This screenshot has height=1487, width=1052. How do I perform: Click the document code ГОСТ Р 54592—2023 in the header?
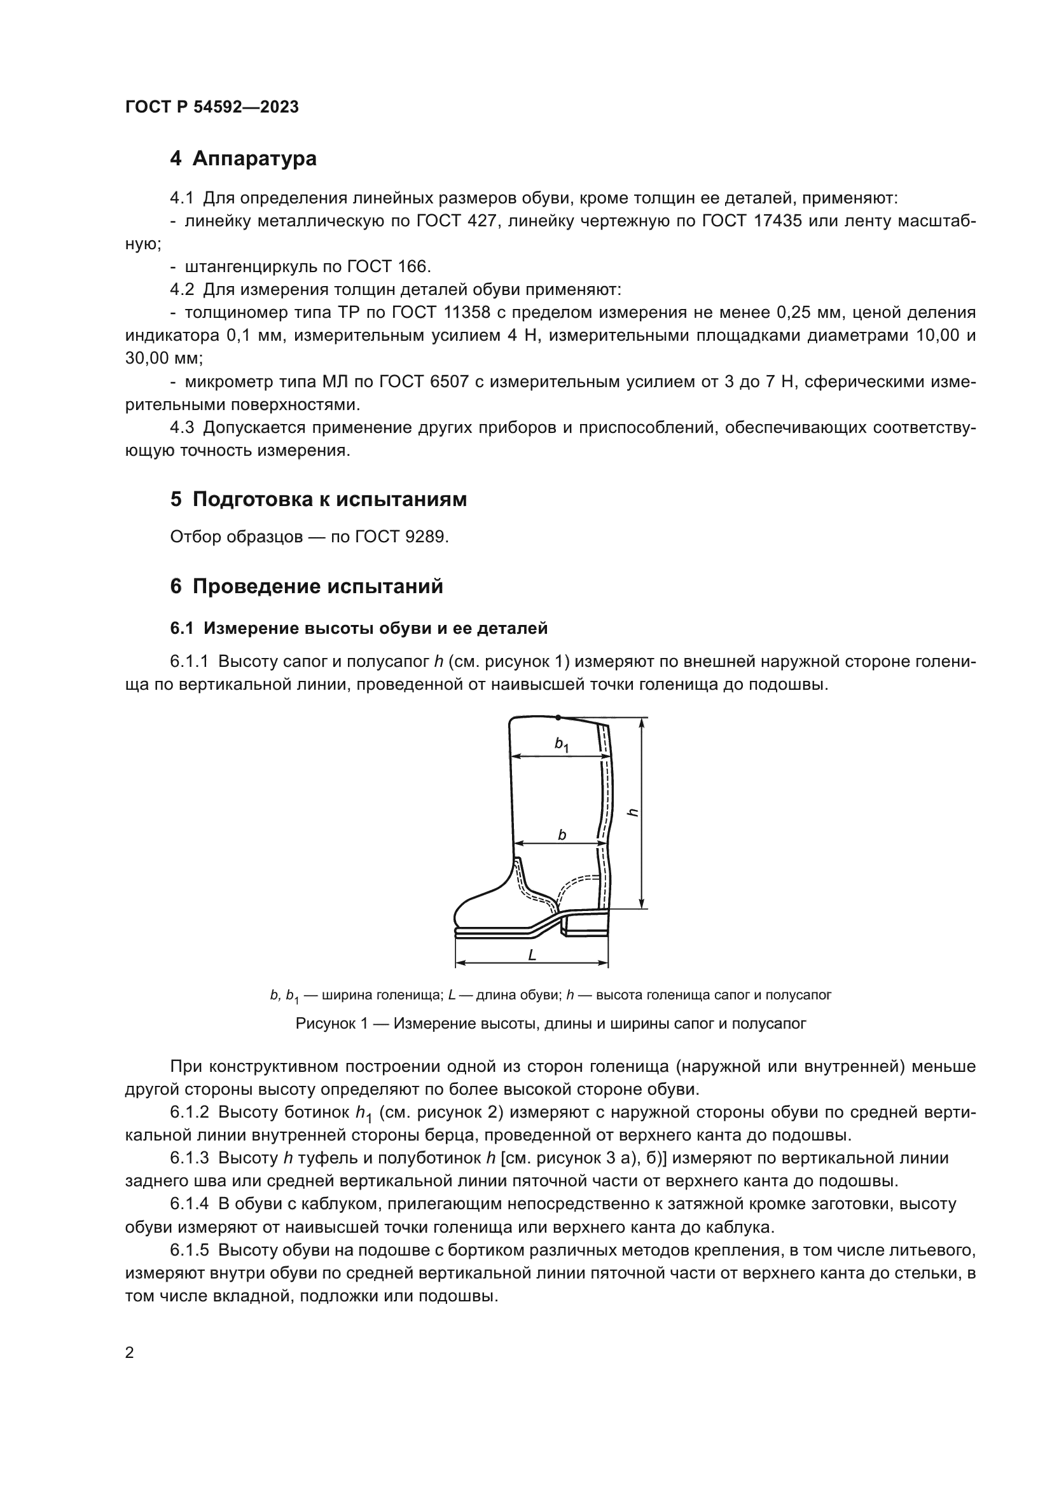coord(211,107)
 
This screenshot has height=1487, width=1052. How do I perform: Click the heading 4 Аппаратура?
coord(243,159)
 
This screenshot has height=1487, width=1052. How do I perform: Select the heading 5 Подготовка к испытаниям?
coord(318,500)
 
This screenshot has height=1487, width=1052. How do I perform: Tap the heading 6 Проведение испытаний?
coord(307,587)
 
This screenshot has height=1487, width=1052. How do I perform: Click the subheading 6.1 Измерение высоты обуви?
coord(359,628)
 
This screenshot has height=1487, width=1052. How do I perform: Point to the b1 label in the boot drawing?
coord(561,745)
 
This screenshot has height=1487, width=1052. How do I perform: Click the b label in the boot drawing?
coord(562,835)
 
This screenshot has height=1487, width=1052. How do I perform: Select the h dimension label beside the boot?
coord(634,813)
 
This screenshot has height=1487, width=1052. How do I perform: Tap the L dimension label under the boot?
coord(532,955)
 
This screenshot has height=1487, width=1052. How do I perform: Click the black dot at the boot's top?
coord(558,717)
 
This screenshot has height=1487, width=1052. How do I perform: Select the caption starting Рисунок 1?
coord(551,1024)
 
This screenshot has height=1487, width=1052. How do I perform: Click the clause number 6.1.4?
coord(189,1204)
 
